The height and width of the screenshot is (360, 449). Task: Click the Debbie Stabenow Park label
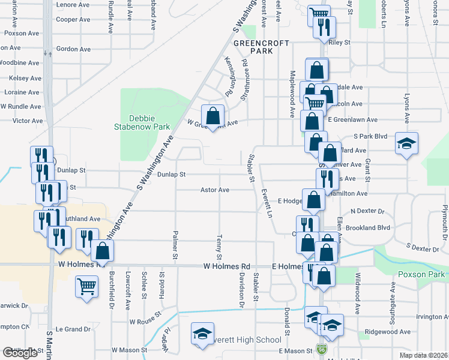[143, 122]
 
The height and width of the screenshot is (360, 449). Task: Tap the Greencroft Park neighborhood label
[261, 47]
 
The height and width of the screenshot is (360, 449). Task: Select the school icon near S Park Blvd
[406, 143]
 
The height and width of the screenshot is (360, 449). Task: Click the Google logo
[20, 353]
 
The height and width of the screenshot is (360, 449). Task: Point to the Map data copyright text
[423, 355]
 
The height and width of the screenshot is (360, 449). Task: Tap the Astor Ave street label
[215, 190]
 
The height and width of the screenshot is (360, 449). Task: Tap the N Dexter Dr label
[370, 211]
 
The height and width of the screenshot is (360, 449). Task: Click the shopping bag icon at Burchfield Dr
[102, 251]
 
